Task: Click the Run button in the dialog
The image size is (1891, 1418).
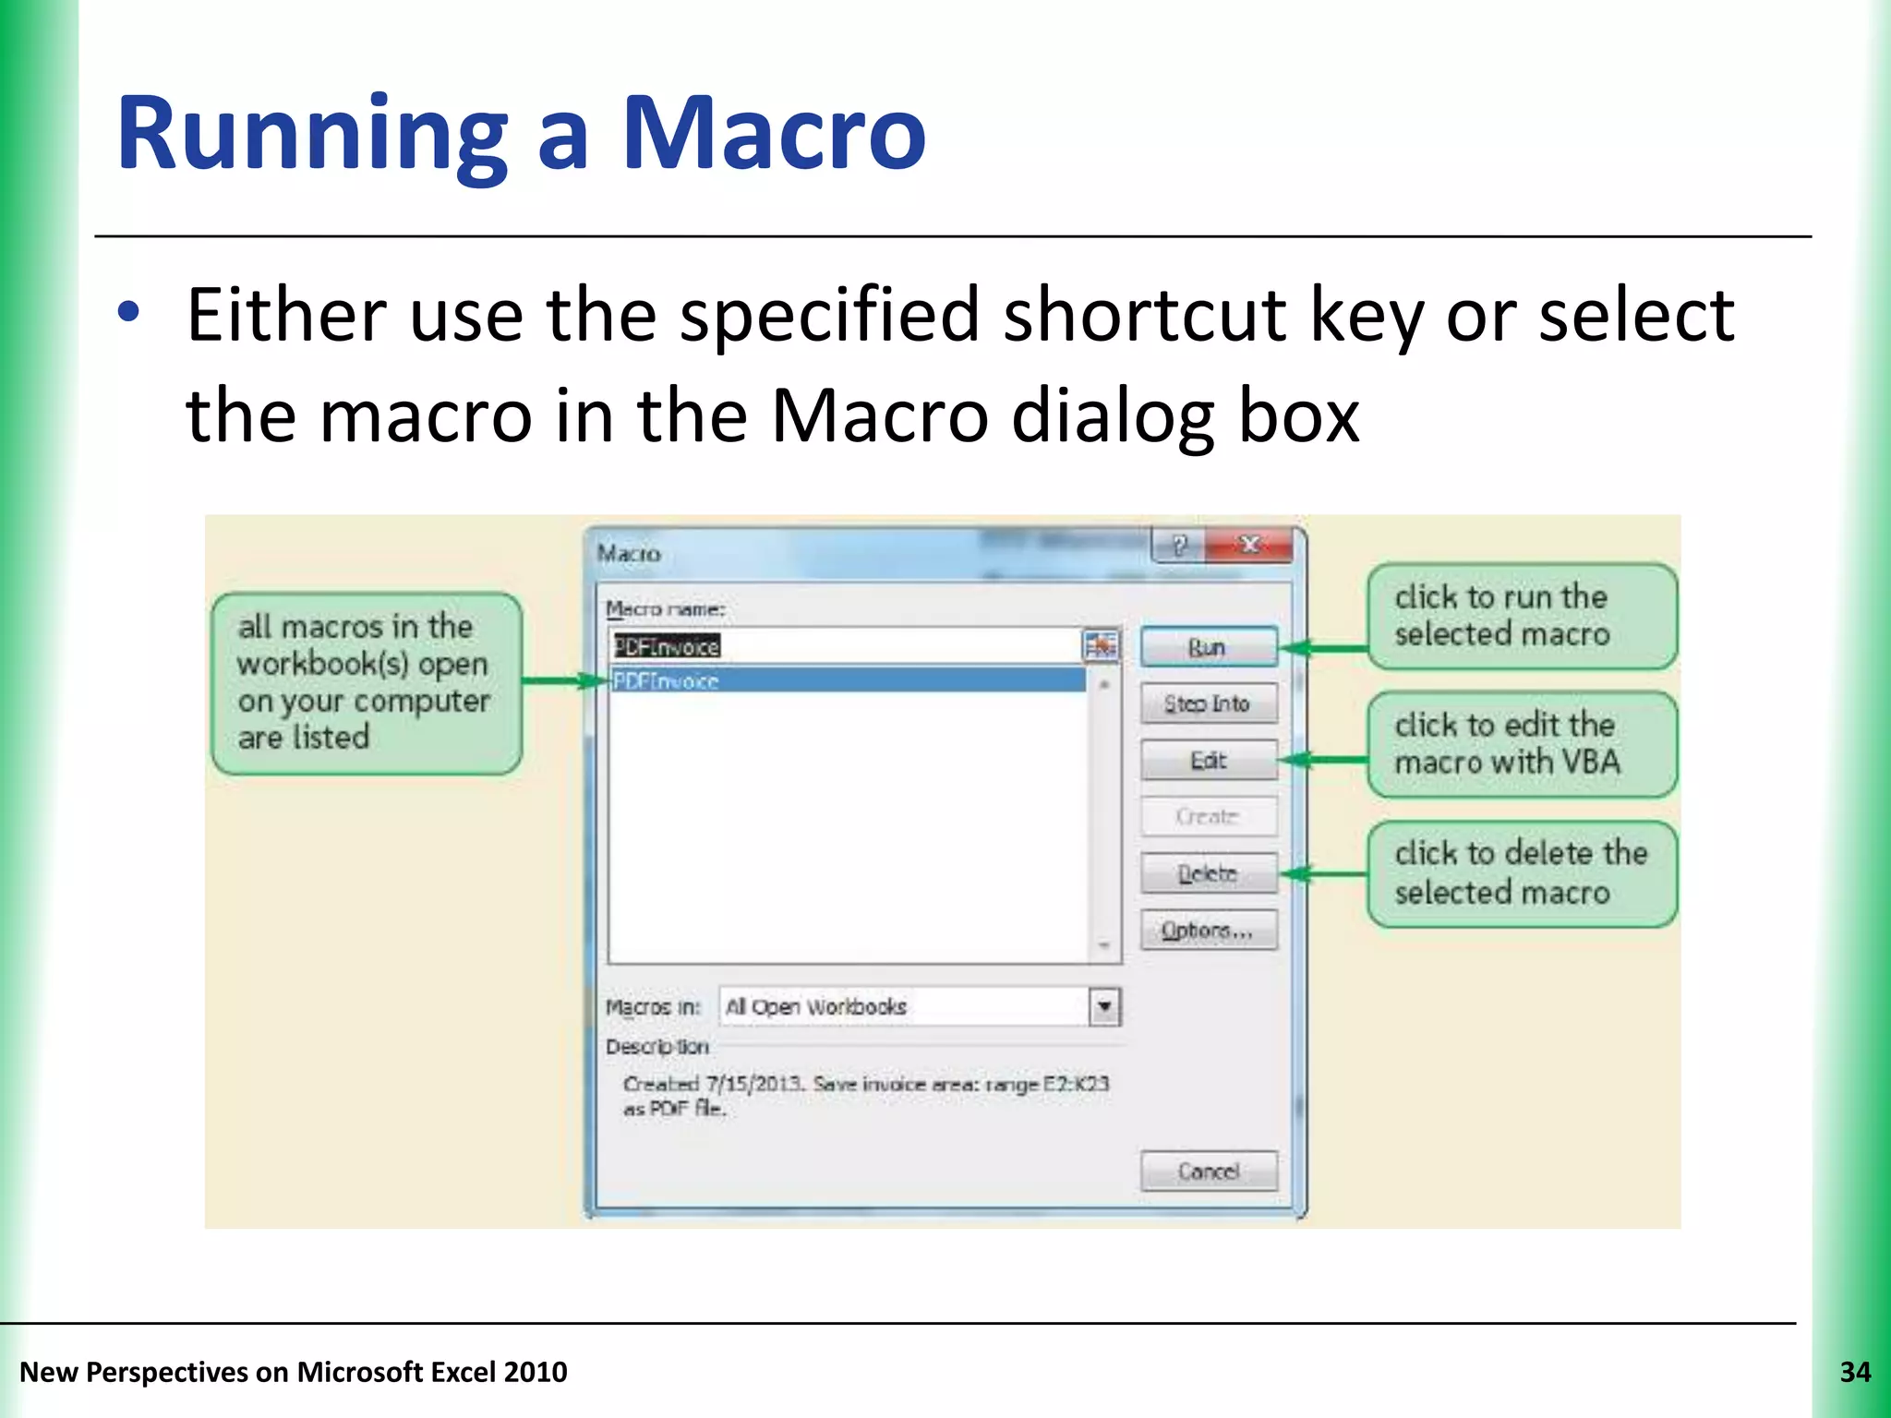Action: [1209, 647]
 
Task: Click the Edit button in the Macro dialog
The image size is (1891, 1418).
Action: [1209, 761]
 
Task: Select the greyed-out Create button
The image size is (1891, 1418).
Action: [1209, 817]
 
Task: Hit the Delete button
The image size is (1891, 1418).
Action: [1209, 873]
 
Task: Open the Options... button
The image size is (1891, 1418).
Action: [1209, 931]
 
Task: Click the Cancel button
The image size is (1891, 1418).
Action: [1209, 1172]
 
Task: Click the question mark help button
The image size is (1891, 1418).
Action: [1179, 546]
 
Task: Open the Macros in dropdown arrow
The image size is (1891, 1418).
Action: [1104, 1006]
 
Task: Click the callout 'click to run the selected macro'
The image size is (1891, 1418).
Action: [1521, 616]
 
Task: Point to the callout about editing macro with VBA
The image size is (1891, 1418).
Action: [1521, 744]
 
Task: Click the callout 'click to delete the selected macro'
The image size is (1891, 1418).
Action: [1521, 873]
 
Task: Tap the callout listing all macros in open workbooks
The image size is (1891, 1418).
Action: [367, 682]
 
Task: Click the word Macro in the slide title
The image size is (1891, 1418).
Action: [773, 134]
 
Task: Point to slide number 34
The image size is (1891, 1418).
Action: [1854, 1373]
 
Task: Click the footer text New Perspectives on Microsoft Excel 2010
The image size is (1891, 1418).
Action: [294, 1373]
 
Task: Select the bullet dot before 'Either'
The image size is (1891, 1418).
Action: [129, 314]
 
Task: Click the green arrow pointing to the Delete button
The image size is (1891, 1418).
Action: [1325, 873]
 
